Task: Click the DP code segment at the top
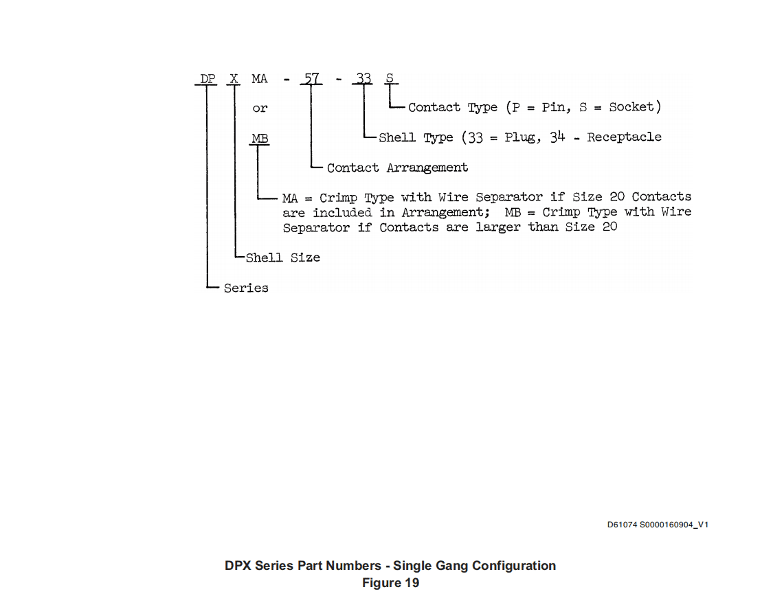pos(208,79)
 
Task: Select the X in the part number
pos(234,79)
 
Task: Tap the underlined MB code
pos(260,139)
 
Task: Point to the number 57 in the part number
pos(311,79)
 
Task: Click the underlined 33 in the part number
pos(363,79)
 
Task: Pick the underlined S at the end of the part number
pos(390,78)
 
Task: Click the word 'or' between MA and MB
pos(260,108)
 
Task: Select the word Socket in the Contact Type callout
pos(631,107)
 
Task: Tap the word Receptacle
pos(624,137)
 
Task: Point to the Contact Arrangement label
pos(398,168)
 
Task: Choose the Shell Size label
pos(283,257)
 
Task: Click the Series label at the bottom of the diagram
pos(246,288)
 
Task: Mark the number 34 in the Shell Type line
pos(557,137)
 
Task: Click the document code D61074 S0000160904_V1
pos(658,525)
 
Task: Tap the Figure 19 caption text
pos(390,583)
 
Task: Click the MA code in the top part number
pos(260,79)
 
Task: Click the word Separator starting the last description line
pos(316,228)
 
